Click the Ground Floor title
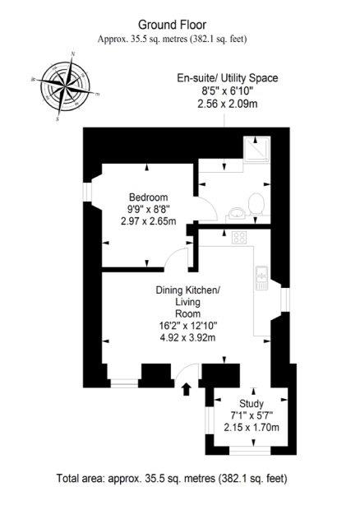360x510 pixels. click(x=172, y=25)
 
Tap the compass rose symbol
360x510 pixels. click(x=65, y=86)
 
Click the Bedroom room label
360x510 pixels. click(x=149, y=197)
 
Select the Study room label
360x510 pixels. click(x=252, y=404)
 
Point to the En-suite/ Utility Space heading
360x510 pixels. click(x=228, y=78)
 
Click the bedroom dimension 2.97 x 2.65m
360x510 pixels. click(x=149, y=221)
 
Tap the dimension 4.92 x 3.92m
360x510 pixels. click(x=187, y=337)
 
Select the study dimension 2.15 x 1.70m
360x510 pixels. click(x=252, y=427)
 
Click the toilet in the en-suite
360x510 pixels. click(x=256, y=204)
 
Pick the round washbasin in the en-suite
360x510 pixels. click(x=236, y=214)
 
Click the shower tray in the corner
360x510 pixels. click(x=256, y=149)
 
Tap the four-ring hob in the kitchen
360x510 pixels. click(x=240, y=238)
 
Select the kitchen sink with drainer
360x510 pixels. click(x=261, y=278)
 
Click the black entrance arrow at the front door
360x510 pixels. click(x=187, y=389)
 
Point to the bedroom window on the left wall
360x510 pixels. click(x=87, y=192)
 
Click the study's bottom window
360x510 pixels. click(x=250, y=451)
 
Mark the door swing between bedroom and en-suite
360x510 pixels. click(x=207, y=208)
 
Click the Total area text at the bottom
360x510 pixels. click(x=172, y=479)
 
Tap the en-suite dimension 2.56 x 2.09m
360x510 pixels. click(x=228, y=104)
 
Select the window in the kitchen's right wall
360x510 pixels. click(x=285, y=299)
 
